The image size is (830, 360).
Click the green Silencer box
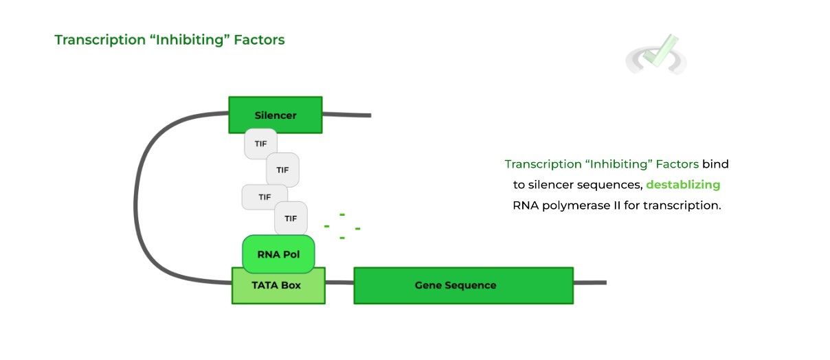[x=275, y=115]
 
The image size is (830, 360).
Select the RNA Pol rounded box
[x=278, y=254]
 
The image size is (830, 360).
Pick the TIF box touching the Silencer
[x=260, y=144]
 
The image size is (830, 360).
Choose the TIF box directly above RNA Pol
[x=291, y=218]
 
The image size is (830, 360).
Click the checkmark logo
[x=656, y=55]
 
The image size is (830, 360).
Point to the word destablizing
[x=683, y=185]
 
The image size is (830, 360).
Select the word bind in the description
[x=715, y=164]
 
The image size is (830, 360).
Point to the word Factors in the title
[x=259, y=40]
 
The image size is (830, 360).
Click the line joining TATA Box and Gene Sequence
[x=339, y=282]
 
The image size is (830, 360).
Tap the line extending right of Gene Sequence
[x=590, y=282]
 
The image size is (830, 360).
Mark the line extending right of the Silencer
[x=346, y=115]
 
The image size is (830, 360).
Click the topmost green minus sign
[x=341, y=215]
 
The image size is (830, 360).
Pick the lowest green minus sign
[x=341, y=238]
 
